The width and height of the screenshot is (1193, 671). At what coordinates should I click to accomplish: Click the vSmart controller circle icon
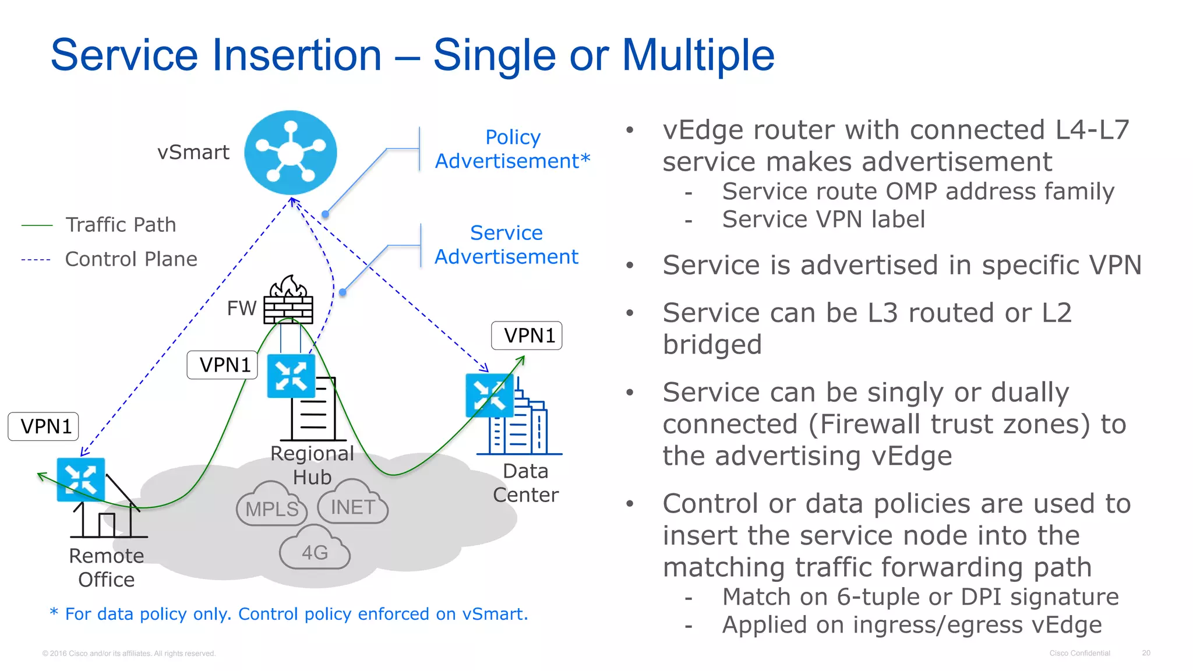(290, 153)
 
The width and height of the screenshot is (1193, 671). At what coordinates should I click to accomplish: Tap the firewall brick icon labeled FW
(288, 302)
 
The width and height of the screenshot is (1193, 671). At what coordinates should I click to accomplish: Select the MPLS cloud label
(271, 508)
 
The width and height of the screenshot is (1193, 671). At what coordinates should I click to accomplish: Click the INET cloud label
(352, 507)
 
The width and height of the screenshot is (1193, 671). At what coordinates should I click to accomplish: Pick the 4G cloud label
(315, 552)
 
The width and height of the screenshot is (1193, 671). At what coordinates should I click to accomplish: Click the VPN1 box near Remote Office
(44, 426)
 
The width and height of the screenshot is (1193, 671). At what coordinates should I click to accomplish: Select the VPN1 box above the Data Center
(527, 335)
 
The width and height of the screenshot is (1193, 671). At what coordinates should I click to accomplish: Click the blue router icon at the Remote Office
(80, 479)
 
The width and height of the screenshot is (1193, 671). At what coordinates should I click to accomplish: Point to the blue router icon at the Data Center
(489, 395)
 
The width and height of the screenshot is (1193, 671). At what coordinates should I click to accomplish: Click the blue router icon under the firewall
(291, 376)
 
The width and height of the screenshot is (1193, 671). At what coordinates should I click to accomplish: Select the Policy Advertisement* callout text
(513, 149)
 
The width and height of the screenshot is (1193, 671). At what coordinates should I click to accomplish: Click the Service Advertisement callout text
(506, 245)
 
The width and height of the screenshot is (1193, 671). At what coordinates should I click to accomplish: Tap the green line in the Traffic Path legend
(37, 225)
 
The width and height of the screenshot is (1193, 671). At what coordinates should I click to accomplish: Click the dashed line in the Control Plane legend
(36, 260)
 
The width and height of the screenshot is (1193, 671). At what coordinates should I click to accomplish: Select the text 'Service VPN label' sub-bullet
(823, 220)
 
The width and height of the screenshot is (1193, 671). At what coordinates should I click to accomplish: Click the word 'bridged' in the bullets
(712, 345)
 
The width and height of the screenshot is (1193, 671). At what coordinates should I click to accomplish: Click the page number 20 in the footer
(1145, 653)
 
